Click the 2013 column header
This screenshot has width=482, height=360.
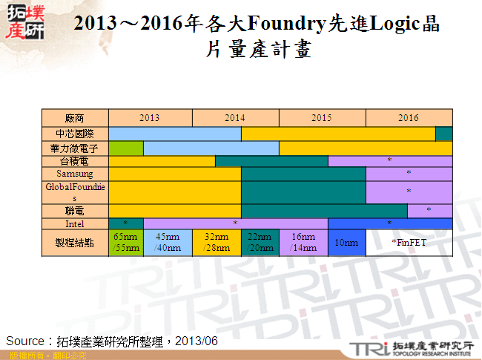coord(149,118)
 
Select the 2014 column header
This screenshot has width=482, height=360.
coord(235,118)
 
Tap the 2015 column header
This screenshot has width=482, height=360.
coord(322,118)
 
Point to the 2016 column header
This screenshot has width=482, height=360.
coord(409,118)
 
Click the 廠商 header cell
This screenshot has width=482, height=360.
coord(75,118)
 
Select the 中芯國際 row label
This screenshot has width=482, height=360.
coord(75,134)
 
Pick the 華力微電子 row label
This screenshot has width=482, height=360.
coord(75,148)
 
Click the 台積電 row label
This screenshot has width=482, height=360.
coord(75,161)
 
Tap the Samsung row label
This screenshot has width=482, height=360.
coord(75,173)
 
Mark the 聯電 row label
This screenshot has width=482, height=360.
coord(75,211)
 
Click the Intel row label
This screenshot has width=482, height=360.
coord(75,223)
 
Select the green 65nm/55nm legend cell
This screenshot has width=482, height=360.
coord(125,243)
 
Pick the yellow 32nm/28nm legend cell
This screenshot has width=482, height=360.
coord(217,243)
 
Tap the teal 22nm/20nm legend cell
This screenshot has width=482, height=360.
coord(260,243)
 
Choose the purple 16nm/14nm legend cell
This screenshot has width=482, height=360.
coord(303,243)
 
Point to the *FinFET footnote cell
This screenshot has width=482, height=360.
coord(409,243)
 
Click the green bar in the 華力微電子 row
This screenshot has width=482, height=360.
coord(125,148)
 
